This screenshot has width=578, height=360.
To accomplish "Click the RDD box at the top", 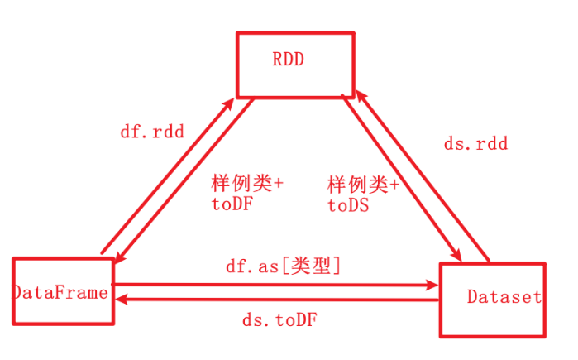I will point(295,65).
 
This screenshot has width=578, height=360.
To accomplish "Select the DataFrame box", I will point(62,291).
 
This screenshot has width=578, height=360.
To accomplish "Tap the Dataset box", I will point(492,300).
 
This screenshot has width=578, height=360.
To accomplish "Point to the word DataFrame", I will point(62,292).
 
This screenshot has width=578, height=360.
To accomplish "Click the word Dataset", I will point(504,296).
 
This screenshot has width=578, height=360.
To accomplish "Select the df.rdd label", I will point(152,131).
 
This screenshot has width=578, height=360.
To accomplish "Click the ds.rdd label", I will point(475,144).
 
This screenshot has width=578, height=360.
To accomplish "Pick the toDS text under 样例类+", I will point(347,204).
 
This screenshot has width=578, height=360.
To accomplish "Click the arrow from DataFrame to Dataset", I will point(273,285).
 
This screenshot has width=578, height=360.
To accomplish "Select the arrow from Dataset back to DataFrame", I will point(273,301).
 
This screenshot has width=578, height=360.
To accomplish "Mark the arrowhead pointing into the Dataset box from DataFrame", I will point(432,285).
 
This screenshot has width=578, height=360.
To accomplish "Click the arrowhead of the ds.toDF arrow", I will point(118,301).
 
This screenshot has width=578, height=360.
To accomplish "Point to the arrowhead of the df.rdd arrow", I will point(227,101).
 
